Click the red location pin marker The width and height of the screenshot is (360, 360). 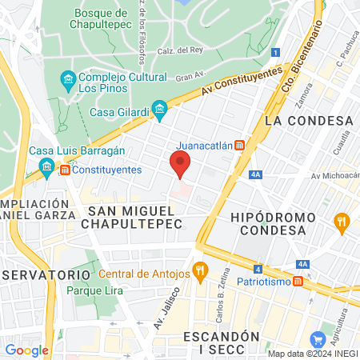coord(181,165)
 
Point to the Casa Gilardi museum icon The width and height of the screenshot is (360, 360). coord(158,110)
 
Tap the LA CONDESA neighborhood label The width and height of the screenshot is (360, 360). coord(308,120)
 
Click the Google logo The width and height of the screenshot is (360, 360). coord(27,350)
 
